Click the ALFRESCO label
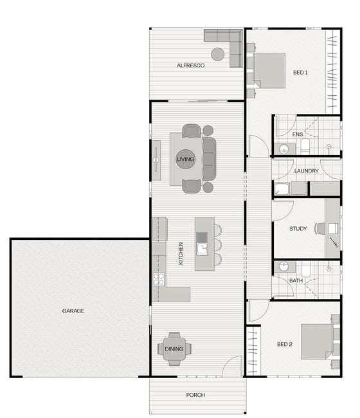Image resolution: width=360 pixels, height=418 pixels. tap(190, 66)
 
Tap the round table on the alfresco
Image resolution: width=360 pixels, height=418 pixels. tap(218, 54)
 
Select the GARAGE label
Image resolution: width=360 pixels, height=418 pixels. tap(73, 311)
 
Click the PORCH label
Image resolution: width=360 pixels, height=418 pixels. tap(195, 395)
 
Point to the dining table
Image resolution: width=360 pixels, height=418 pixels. tap(174, 349)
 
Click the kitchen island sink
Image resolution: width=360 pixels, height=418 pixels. tap(202, 249)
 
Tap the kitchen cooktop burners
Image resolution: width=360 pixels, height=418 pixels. tap(159, 279)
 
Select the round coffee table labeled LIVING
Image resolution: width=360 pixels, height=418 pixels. tap(185, 159)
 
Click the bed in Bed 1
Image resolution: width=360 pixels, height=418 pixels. tap(269, 70)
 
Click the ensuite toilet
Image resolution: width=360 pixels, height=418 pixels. tap(305, 146)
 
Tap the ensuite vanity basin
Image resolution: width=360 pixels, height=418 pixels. tap(283, 149)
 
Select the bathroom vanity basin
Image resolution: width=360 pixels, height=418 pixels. tap(283, 266)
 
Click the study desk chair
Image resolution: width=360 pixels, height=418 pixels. tap(319, 228)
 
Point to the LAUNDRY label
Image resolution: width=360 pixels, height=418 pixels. tap(307, 171)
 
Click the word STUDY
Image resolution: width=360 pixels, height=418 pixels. tap(298, 228)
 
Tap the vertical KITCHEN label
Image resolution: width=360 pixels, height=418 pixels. tap(181, 253)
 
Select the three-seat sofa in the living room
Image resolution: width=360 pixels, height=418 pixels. tap(209, 159)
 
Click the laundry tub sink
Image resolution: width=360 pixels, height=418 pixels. tap(282, 189)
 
